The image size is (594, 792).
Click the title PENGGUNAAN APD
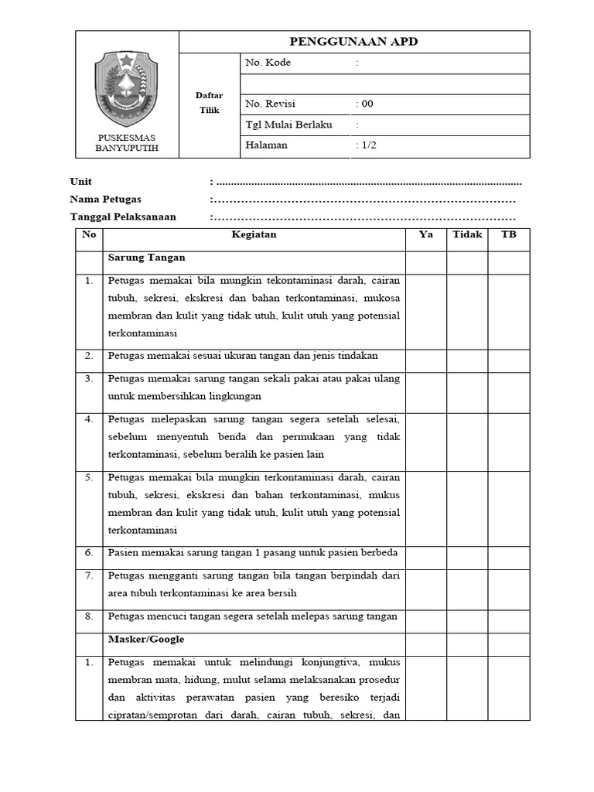(353, 42)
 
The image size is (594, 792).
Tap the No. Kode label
(268, 63)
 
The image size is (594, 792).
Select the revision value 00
(365, 104)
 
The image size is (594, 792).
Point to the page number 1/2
(366, 145)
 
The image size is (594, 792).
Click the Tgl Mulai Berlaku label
(288, 125)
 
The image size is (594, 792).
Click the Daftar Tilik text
(209, 103)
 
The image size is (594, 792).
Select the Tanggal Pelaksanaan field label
(123, 217)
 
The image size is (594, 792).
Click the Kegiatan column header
(254, 235)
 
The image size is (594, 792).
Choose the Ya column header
(425, 235)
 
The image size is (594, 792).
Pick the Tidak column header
(467, 235)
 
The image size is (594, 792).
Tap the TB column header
(508, 235)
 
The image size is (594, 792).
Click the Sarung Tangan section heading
(147, 258)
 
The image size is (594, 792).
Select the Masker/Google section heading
(146, 640)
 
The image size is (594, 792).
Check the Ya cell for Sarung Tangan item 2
(425, 357)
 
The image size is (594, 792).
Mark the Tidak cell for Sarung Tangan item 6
(467, 554)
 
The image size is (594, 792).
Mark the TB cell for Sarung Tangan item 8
(508, 617)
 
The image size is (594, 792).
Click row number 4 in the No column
(89, 420)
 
